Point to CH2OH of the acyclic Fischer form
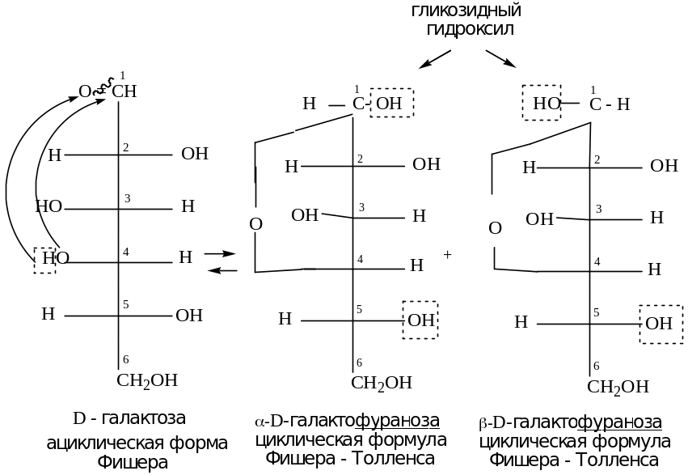147,381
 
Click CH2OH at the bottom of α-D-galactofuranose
382,383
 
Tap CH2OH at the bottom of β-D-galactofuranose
618,386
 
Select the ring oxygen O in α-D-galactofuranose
255,224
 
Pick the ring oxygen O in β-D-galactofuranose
496,229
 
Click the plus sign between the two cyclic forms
448,254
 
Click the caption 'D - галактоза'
129,419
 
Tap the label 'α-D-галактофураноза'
348,422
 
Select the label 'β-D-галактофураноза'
571,422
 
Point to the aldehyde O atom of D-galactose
84,91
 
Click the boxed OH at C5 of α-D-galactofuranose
420,320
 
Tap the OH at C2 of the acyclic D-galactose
195,153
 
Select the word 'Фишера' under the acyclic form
133,463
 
